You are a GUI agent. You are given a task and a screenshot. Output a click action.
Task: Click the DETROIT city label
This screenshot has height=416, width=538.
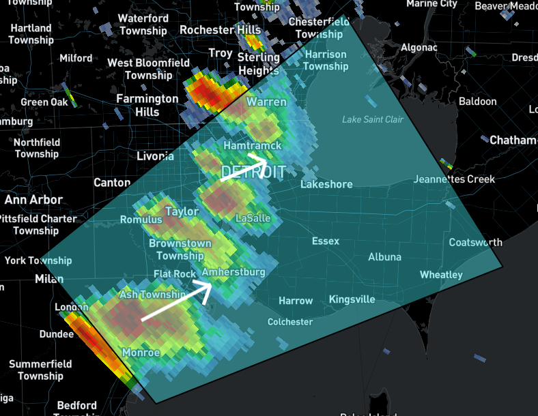click(x=253, y=171)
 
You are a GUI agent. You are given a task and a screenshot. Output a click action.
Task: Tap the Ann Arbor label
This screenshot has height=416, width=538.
click(x=33, y=200)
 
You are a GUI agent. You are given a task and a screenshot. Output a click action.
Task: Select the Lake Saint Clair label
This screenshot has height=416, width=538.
click(x=372, y=120)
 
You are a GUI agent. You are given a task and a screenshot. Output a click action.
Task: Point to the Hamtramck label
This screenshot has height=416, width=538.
click(x=253, y=146)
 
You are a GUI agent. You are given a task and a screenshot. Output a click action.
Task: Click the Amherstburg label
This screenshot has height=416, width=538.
click(x=233, y=272)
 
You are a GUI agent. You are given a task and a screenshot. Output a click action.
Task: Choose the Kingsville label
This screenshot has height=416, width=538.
click(x=352, y=299)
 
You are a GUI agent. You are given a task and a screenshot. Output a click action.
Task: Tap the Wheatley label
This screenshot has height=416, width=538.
click(x=440, y=275)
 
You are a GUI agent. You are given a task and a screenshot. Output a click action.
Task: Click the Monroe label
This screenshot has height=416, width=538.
click(x=141, y=353)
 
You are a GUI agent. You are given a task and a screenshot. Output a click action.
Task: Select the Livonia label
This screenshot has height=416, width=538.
click(x=156, y=157)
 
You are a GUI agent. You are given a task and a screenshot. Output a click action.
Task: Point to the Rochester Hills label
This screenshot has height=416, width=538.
click(x=220, y=31)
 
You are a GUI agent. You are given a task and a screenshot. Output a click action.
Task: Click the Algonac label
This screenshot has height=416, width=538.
click(x=419, y=48)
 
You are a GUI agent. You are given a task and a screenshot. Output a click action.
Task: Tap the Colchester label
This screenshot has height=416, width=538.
click(x=290, y=322)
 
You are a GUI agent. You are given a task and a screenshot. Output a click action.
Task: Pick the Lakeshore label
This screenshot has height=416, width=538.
click(x=326, y=184)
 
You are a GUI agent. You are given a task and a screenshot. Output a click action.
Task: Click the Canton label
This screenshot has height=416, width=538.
click(x=111, y=183)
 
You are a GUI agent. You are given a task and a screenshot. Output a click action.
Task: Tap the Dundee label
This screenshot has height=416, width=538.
click(x=57, y=334)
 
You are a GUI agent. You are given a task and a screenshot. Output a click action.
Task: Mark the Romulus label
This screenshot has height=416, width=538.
click(x=141, y=220)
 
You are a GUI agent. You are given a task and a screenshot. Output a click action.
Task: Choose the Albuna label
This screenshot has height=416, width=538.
click(x=384, y=257)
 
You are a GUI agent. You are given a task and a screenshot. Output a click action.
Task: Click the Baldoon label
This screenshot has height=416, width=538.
click(x=477, y=102)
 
